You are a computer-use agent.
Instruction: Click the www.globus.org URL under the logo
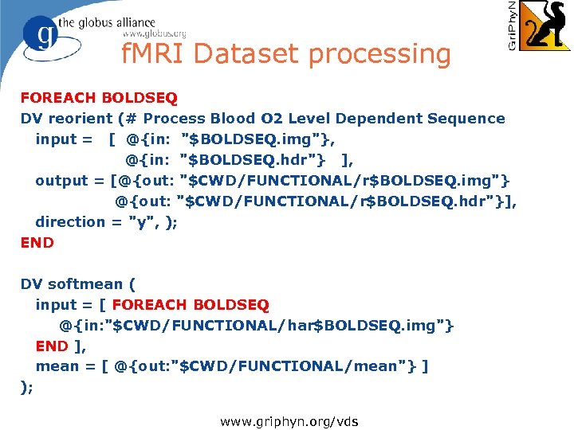pos(154,34)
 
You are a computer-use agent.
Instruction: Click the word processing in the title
pos(379,55)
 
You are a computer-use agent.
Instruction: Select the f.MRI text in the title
pos(153,54)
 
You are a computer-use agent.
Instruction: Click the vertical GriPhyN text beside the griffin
pos(512,25)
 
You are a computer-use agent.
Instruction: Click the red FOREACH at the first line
pos(59,98)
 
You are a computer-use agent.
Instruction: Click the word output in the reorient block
pos(59,181)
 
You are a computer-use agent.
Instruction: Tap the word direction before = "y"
pos(69,222)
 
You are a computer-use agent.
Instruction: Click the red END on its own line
pos(37,243)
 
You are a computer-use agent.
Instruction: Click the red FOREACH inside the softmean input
pos(150,305)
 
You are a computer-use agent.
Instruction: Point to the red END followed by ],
pos(52,346)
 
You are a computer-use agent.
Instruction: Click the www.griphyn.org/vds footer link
pos(289,420)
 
